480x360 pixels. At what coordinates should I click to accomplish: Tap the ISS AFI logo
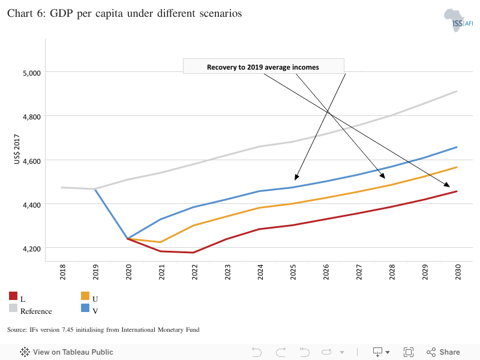(458, 20)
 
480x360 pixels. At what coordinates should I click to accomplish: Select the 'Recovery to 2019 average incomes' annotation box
(263, 66)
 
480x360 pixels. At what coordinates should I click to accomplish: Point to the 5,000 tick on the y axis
(32, 73)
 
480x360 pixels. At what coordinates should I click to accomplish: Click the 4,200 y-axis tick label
(32, 249)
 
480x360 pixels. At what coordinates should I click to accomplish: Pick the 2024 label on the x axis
(260, 272)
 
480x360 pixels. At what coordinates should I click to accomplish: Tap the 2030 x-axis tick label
(458, 272)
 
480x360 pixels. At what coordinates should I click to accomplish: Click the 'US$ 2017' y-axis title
(17, 149)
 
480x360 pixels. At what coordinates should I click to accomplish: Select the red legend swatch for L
(13, 296)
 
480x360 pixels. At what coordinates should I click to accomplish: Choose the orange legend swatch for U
(85, 296)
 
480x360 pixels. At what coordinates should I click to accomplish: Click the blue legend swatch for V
(85, 308)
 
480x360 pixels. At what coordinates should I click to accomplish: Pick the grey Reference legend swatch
(13, 308)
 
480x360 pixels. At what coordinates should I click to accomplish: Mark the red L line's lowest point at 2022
(193, 253)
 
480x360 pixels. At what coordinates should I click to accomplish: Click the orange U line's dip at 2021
(160, 242)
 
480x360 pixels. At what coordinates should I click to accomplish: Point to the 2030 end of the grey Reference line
(457, 91)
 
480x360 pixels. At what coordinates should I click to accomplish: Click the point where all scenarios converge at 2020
(127, 238)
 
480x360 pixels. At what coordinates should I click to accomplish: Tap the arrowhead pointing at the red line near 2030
(447, 185)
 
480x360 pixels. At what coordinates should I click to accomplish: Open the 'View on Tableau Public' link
(67, 352)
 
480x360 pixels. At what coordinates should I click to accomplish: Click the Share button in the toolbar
(443, 352)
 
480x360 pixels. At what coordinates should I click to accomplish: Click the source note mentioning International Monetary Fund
(103, 329)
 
